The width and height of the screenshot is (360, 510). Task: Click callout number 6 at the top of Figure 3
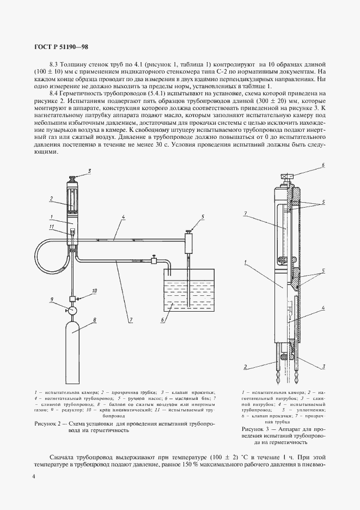pyautogui.click(x=323, y=164)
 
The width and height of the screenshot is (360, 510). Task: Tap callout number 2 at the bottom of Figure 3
pyautogui.click(x=246, y=366)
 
